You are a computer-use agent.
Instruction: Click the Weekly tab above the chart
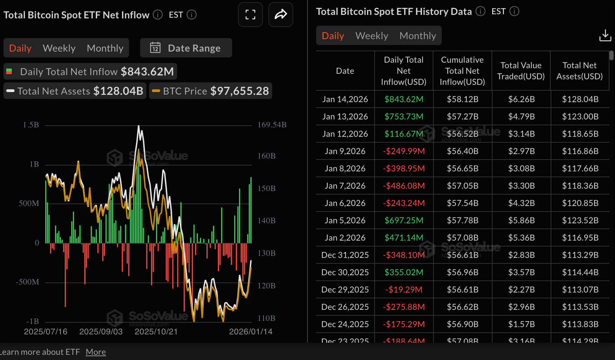(x=59, y=48)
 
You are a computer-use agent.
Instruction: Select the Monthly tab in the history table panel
(x=417, y=36)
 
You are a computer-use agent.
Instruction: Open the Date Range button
(x=186, y=48)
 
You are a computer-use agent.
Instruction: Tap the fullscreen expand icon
(x=250, y=15)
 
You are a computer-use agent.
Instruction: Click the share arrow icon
(x=281, y=15)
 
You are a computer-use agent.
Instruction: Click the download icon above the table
(x=605, y=35)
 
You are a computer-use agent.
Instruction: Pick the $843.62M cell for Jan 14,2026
(x=404, y=99)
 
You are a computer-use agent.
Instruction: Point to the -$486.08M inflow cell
(x=404, y=186)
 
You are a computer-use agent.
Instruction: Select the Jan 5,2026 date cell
(x=345, y=220)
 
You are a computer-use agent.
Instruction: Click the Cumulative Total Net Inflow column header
(x=462, y=71)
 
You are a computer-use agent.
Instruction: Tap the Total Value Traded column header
(x=521, y=71)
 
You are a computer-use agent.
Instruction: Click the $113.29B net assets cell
(x=580, y=255)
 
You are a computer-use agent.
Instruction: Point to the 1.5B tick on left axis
(x=31, y=125)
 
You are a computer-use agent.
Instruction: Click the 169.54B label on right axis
(x=272, y=125)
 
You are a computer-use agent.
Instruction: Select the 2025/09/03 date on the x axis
(x=101, y=332)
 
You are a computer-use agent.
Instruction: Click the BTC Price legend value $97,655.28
(x=239, y=91)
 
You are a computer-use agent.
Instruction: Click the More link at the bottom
(x=96, y=352)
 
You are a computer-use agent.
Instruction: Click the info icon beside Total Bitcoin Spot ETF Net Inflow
(x=158, y=15)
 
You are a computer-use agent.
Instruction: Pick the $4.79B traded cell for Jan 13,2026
(x=521, y=117)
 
